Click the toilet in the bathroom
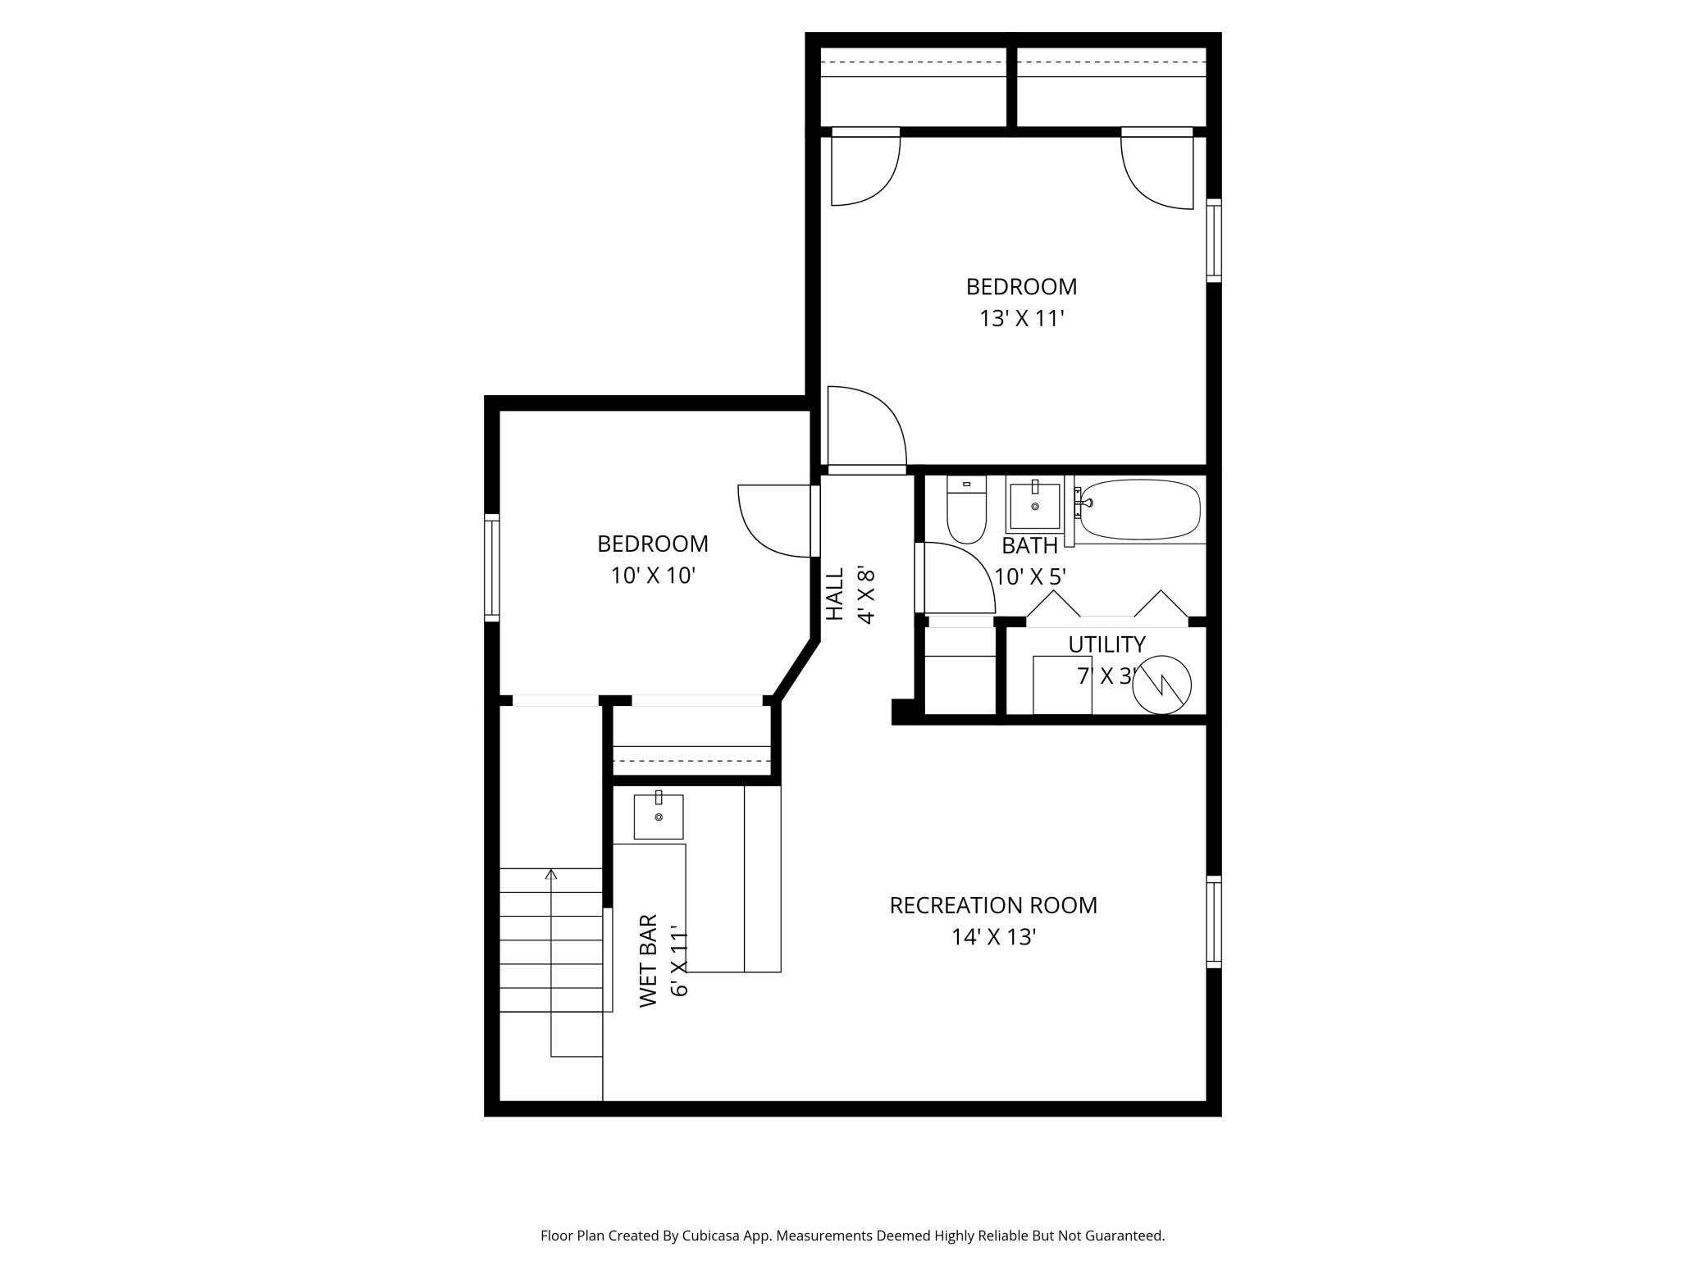966,509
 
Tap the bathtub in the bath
1139,509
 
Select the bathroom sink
1034,505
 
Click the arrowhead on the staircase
551,874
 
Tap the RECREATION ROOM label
993,905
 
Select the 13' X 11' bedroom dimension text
1021,318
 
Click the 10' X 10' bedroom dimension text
653,576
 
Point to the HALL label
834,594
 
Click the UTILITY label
1106,644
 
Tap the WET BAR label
648,961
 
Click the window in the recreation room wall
1214,922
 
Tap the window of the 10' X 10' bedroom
491,567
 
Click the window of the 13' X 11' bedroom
1214,240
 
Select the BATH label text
1030,545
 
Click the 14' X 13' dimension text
994,937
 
